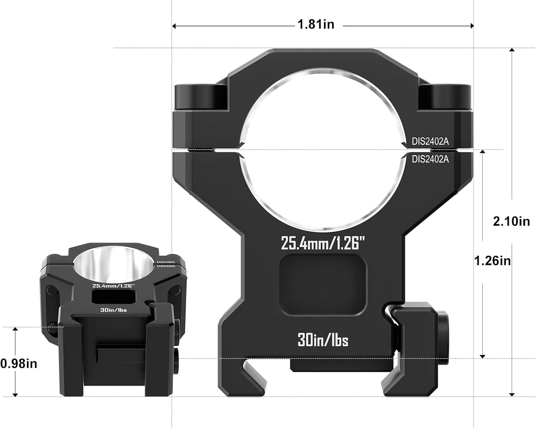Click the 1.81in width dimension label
(x=316, y=24)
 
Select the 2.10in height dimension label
(x=511, y=221)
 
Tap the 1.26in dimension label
(x=492, y=261)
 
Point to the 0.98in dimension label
(x=19, y=364)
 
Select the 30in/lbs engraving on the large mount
(x=323, y=340)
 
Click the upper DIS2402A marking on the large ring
(x=430, y=141)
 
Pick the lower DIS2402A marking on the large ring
(x=430, y=159)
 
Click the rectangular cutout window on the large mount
(x=323, y=285)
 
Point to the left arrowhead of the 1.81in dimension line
(x=175, y=26)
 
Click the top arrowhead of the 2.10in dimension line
(x=512, y=51)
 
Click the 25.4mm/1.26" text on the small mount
(x=113, y=286)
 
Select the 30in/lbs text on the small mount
(x=113, y=310)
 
